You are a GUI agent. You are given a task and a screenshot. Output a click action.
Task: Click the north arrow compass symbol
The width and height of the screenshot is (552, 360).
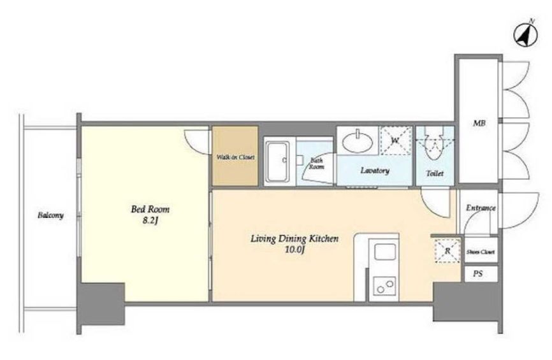[526, 34]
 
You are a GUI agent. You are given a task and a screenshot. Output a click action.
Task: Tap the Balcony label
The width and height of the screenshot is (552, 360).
[51, 215]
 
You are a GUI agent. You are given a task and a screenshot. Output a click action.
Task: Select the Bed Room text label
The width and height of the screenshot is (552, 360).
[150, 210]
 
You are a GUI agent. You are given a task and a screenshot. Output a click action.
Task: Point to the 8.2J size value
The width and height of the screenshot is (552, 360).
[150, 221]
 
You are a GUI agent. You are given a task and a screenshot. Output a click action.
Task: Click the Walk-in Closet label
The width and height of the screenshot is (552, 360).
[235, 157]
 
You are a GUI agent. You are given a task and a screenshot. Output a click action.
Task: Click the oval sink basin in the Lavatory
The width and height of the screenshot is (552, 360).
[358, 142]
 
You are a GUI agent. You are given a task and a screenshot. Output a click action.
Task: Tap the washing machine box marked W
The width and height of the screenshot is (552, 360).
[396, 141]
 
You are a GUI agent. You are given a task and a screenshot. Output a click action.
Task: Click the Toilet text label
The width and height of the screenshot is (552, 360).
[435, 173]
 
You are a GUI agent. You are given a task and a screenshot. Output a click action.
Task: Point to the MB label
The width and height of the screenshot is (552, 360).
[479, 123]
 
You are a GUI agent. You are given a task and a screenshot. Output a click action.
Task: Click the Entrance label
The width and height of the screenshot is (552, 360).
[481, 208]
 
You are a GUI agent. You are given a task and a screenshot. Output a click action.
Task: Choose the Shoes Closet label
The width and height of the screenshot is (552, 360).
[481, 252]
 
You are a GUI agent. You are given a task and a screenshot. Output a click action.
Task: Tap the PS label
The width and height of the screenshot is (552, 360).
[477, 274]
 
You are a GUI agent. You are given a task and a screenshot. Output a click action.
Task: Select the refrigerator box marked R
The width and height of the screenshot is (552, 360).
[447, 251]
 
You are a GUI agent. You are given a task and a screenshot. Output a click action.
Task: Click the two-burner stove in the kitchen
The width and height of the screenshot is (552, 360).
[384, 285]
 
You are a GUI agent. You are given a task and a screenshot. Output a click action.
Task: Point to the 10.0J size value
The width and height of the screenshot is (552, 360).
[294, 250]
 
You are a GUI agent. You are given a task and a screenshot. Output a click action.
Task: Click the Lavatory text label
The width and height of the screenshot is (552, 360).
[375, 171]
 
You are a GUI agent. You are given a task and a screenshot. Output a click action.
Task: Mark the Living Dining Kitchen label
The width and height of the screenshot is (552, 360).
[294, 239]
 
